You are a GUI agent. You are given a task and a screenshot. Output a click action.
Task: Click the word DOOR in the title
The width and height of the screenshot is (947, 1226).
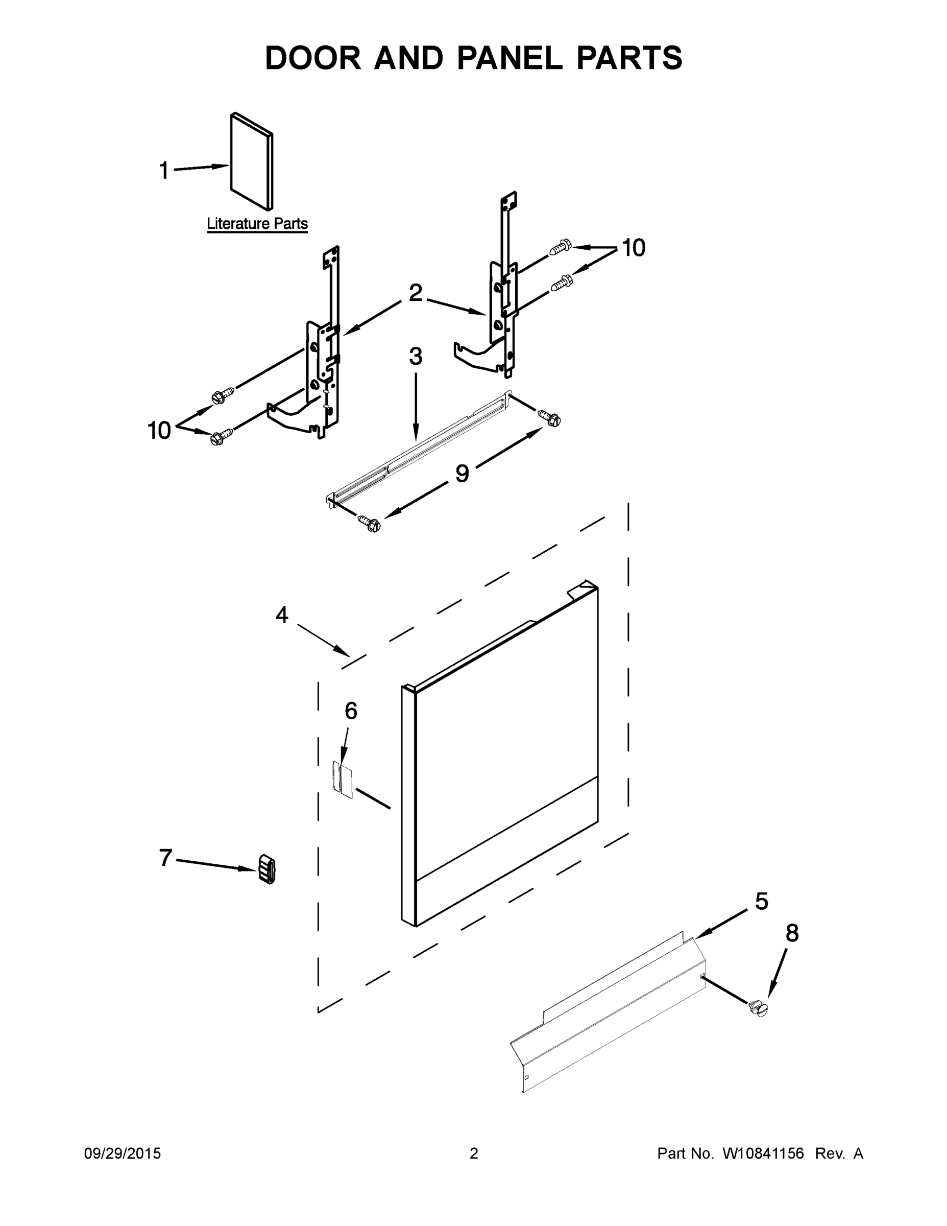tap(313, 58)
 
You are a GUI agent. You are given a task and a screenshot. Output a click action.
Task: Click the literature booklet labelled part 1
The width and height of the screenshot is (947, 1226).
tap(251, 161)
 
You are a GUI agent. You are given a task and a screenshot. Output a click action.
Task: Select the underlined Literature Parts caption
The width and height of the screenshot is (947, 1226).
tap(257, 224)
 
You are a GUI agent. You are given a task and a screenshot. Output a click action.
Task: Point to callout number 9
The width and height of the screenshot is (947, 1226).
tap(462, 474)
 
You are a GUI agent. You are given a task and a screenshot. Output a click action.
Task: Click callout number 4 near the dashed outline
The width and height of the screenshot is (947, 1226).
tap(282, 615)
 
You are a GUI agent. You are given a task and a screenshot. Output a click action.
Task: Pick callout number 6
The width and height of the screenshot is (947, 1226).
tap(351, 711)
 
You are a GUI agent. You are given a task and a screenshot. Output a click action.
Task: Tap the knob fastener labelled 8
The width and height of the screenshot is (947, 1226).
tap(758, 1008)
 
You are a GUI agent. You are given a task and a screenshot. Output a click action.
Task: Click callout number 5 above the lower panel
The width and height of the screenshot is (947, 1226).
tap(761, 902)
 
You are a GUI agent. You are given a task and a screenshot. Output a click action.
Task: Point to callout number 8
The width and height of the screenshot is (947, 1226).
tap(792, 933)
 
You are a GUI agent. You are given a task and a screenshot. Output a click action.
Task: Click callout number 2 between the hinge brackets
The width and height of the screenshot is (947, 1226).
tap(415, 293)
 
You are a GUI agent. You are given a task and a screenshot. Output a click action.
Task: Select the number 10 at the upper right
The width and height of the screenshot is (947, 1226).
tap(634, 248)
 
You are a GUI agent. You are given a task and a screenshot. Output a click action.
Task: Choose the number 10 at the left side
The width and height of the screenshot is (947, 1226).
tap(159, 431)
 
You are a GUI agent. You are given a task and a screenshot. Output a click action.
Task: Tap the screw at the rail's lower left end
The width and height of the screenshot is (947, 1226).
tap(370, 523)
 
